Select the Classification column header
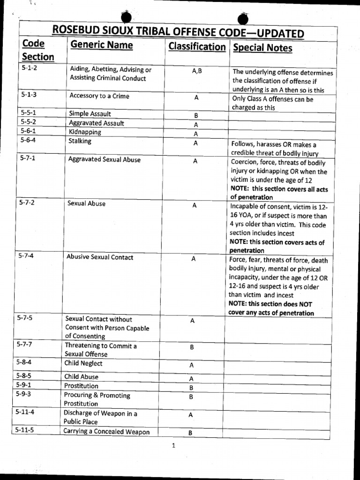pos(197,46)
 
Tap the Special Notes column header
pos(262,48)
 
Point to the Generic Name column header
pos(101,45)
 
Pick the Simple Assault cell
pos(90,113)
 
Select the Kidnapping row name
pos(85,132)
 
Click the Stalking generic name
pos(80,141)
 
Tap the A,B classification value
pos(196,71)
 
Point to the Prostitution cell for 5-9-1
pos(81,386)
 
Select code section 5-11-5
pos(24,429)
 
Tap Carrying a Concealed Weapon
pos(106,432)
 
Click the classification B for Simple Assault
pos(196,115)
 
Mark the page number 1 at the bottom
pos(173,446)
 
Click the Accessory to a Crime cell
pos(99,96)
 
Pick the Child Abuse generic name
pos(81,376)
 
